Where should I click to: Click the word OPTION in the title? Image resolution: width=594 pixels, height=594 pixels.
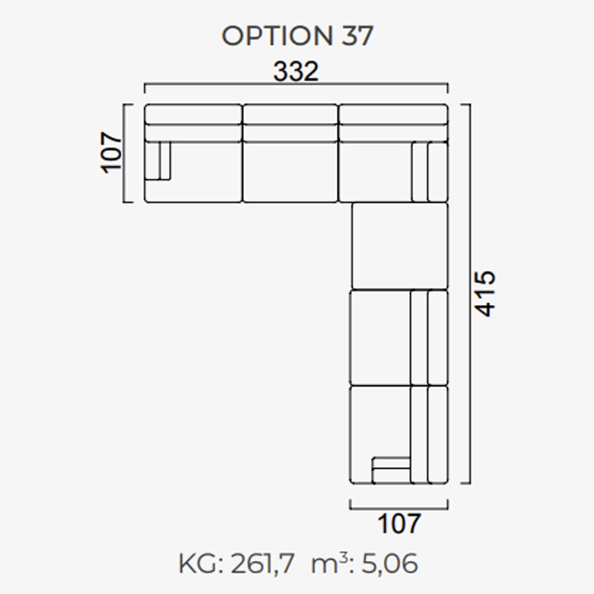pos(277,36)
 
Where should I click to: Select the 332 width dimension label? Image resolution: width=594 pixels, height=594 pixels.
pos(296,71)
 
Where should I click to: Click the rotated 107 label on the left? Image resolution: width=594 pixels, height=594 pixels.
pos(111,153)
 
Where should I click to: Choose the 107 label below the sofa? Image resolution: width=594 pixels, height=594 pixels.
pos(399,523)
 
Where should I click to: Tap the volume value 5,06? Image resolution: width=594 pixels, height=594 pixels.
pos(390,563)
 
